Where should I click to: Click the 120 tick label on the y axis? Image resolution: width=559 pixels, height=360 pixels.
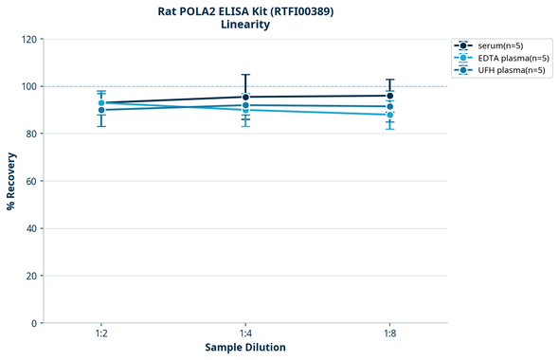[27, 39]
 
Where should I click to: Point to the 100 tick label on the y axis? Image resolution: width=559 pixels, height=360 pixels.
[27, 86]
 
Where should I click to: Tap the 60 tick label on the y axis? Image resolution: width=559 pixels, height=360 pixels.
[30, 181]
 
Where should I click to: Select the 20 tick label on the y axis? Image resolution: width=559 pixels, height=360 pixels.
[30, 276]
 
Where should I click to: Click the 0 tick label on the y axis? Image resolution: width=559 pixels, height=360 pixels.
[33, 323]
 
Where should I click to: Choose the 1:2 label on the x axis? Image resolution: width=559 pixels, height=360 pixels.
[101, 334]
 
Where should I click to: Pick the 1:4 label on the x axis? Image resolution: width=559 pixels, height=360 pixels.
[245, 334]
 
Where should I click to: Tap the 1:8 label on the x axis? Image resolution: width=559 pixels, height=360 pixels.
[389, 334]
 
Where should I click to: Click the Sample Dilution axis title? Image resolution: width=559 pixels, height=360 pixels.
[245, 348]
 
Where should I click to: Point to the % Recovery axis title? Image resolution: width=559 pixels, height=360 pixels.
[11, 181]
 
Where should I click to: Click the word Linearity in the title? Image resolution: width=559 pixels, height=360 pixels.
[245, 25]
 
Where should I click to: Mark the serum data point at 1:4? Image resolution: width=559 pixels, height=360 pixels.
[245, 97]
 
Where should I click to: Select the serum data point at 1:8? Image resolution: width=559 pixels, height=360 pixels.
[389, 96]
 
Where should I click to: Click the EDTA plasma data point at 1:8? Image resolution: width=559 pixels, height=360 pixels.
[389, 115]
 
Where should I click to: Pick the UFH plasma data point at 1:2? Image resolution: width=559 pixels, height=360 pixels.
[101, 110]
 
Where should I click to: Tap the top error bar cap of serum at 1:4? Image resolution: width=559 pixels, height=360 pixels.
[245, 75]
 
